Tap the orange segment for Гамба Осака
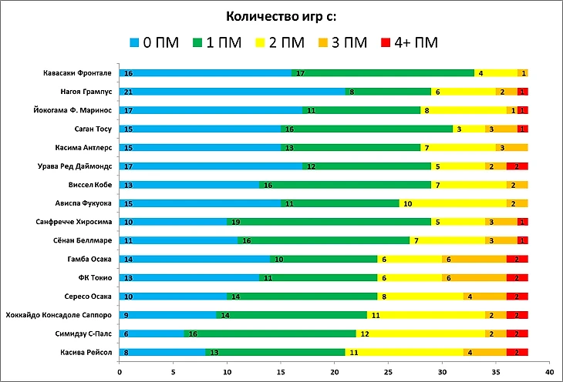474,259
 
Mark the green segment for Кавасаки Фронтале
383,73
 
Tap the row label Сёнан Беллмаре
86,240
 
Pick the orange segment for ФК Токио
474,277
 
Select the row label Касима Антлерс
85,147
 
